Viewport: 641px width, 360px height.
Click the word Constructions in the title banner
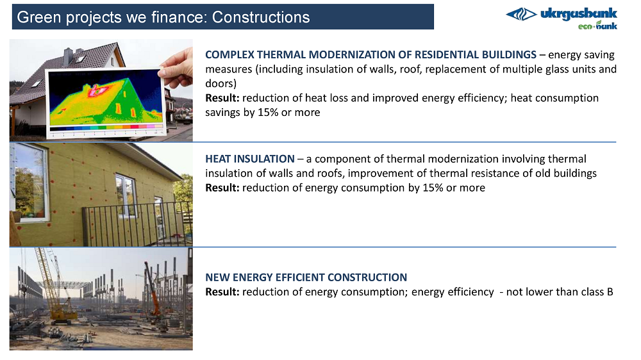click(261, 17)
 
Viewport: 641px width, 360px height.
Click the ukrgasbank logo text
click(578, 13)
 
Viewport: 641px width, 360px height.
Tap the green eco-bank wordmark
click(597, 26)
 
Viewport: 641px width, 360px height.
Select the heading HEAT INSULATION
click(250, 159)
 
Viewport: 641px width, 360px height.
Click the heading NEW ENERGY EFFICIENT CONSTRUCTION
click(306, 277)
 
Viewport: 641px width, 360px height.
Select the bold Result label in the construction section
click(222, 291)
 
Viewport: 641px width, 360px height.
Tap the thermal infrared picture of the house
click(105, 97)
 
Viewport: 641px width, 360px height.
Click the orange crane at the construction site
click(152, 290)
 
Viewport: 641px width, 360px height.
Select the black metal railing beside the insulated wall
click(137, 224)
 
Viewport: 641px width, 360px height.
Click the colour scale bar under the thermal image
click(106, 127)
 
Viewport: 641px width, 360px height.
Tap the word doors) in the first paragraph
click(221, 83)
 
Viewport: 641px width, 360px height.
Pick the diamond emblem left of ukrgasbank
click(521, 14)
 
